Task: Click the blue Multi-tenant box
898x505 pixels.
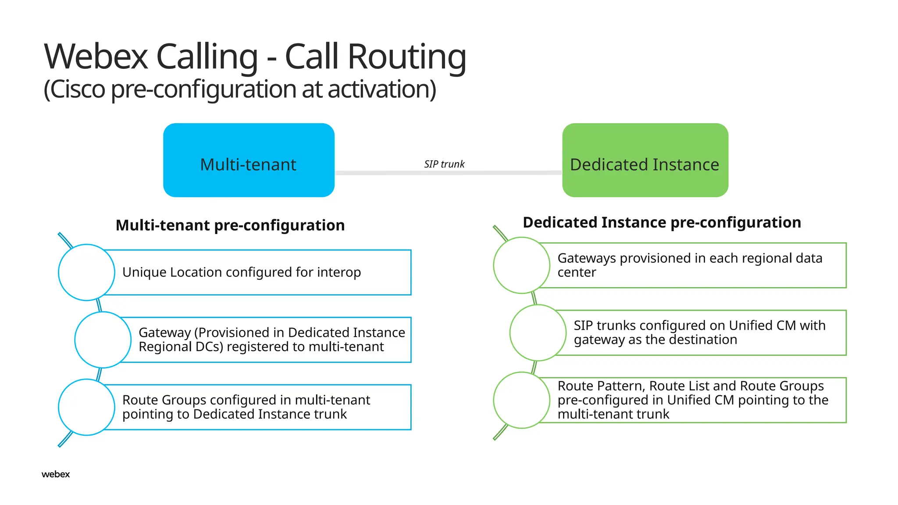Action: pyautogui.click(x=249, y=160)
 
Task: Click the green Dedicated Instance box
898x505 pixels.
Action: pyautogui.click(x=645, y=160)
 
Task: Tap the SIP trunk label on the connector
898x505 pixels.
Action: pyautogui.click(x=444, y=164)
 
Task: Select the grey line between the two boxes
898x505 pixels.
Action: pyautogui.click(x=386, y=173)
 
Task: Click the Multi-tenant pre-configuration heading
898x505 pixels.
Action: pyautogui.click(x=230, y=225)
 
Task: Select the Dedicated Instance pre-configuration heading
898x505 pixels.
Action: pyautogui.click(x=662, y=222)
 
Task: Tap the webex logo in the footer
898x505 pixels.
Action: pyautogui.click(x=56, y=474)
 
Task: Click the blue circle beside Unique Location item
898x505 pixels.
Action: pyautogui.click(x=86, y=272)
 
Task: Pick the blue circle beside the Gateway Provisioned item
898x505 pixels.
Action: pyautogui.click(x=103, y=340)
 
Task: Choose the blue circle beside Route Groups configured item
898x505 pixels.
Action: pyautogui.click(x=86, y=407)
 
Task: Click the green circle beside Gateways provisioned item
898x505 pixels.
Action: pyautogui.click(x=521, y=265)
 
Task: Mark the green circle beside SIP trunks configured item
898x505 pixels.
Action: pyautogui.click(x=538, y=333)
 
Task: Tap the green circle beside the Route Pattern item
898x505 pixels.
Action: pyautogui.click(x=521, y=400)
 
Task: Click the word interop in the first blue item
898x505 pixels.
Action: pyautogui.click(x=339, y=272)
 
